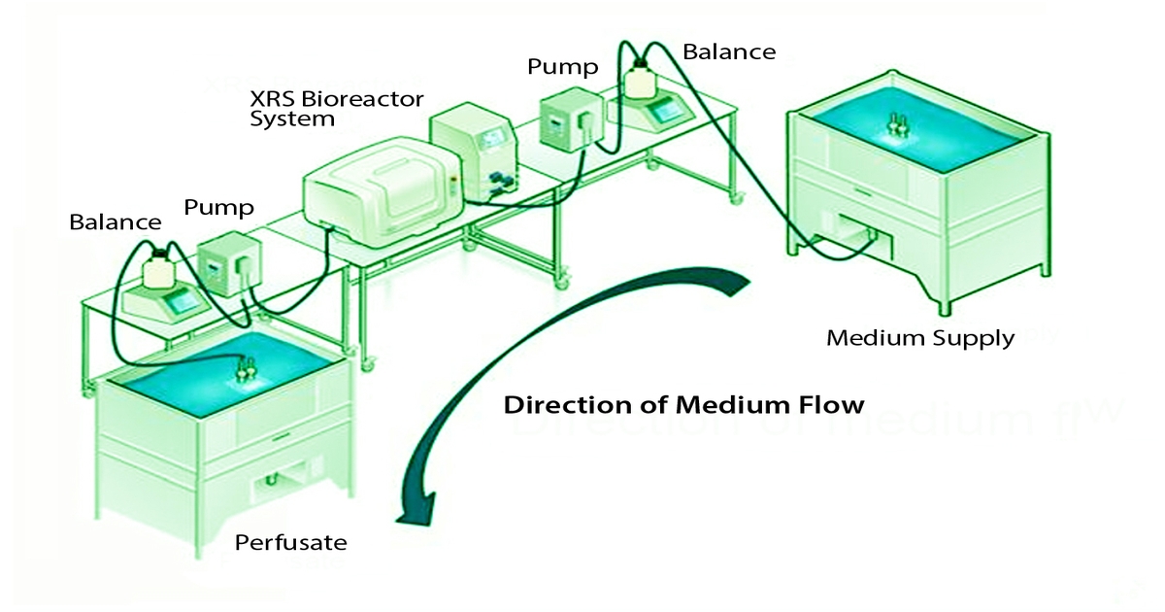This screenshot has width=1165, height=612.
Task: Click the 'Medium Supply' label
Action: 919,338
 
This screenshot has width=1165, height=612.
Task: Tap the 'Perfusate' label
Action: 290,541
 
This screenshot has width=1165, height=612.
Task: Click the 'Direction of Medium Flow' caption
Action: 683,404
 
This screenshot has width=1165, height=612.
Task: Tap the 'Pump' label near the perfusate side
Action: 218,207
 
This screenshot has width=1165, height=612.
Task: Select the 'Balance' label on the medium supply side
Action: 729,51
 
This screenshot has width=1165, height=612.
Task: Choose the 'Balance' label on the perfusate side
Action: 115,221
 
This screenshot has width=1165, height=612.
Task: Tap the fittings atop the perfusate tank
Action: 245,367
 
